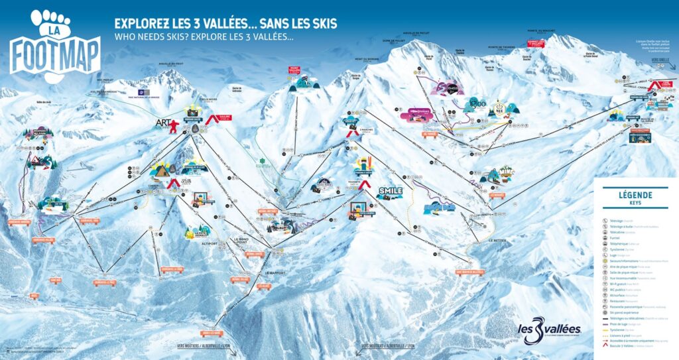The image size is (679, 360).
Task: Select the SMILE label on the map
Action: tap(390, 192)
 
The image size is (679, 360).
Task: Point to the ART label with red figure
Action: tap(165, 123)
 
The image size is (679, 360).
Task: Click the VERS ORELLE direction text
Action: tap(660, 60)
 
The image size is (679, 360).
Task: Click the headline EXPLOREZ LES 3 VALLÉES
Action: tap(225, 23)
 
